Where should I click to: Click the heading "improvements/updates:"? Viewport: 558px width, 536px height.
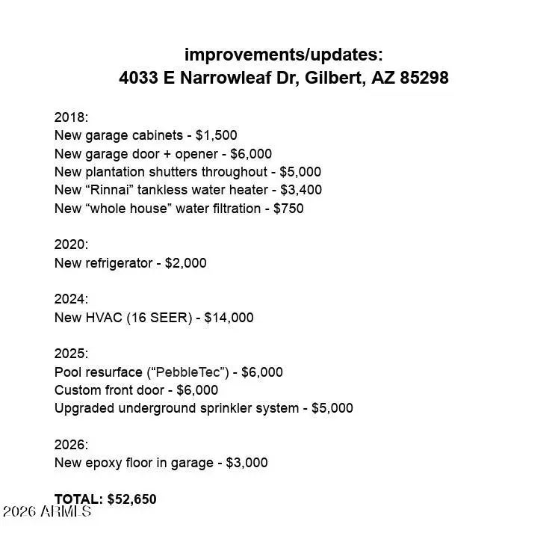(283, 55)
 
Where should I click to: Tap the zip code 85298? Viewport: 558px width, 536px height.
(424, 78)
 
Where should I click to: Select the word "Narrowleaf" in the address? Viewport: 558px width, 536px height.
(226, 78)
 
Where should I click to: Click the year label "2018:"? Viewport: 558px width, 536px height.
(71, 117)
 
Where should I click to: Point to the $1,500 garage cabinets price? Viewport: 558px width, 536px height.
(216, 135)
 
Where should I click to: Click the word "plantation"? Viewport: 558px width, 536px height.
(117, 172)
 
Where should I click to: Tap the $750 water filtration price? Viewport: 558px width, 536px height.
(288, 209)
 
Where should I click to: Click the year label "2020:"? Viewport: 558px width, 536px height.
(71, 244)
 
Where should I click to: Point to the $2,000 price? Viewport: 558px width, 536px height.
(185, 263)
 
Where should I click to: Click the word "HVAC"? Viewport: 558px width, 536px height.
(103, 318)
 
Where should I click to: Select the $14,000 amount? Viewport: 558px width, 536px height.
(229, 318)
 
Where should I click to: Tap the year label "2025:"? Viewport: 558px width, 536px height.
(71, 354)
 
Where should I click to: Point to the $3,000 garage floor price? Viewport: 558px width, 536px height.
(246, 463)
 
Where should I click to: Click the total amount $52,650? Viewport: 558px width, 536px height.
(131, 499)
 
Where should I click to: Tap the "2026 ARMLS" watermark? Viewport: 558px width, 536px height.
(46, 512)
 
